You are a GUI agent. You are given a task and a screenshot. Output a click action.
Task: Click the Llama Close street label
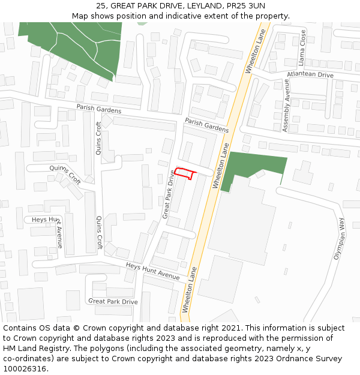tap(302, 47)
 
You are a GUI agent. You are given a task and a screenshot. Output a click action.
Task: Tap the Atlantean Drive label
tap(310, 75)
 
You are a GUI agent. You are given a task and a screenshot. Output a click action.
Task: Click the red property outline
tap(185, 173)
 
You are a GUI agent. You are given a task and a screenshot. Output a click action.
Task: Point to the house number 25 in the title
tap(100, 6)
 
